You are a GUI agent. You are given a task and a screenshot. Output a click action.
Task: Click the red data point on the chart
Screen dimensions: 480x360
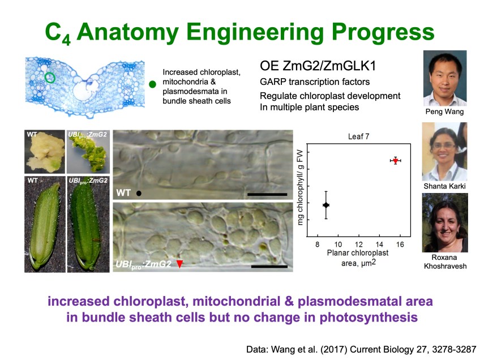(x=396, y=160)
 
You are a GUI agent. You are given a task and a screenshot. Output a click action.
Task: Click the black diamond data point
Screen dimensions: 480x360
(x=326, y=205)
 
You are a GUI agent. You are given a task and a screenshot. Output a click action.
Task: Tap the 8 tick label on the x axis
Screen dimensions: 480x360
(x=317, y=245)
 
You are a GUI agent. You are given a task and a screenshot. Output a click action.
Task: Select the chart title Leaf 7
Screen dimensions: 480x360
(x=358, y=136)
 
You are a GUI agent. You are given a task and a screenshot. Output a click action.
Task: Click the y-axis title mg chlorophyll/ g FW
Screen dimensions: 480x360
(x=300, y=187)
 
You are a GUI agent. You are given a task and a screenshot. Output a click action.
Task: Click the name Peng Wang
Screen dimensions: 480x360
(x=444, y=112)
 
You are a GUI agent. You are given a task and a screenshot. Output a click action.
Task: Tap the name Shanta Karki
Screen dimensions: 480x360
(x=444, y=186)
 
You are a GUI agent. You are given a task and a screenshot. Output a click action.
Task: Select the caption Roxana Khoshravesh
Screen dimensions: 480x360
(x=445, y=262)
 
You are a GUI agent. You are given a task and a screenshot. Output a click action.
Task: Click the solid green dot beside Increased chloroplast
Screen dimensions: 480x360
(x=152, y=84)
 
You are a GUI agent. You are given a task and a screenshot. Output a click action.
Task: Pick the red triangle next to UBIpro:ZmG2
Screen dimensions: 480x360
(x=179, y=264)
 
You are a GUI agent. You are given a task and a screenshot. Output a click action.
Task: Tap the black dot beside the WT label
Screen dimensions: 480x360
(x=139, y=193)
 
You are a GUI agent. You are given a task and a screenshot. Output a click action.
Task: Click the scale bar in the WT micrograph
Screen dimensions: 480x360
(x=267, y=194)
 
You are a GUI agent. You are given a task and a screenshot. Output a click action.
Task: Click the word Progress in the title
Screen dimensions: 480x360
(x=383, y=32)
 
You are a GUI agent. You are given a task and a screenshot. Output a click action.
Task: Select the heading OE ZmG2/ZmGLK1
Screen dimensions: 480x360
(x=318, y=66)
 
